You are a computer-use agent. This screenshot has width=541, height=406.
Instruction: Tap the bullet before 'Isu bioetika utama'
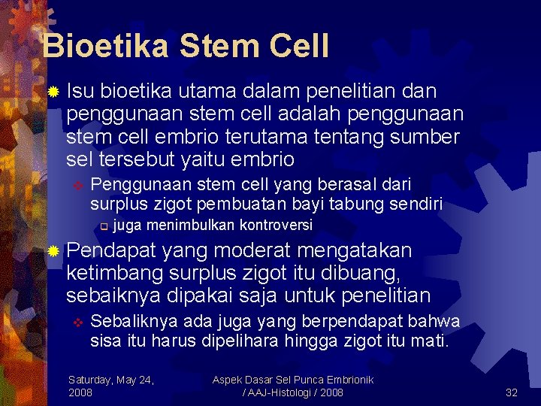52,92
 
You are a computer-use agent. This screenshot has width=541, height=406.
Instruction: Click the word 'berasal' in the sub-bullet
352,184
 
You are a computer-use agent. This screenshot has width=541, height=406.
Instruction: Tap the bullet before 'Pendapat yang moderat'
52,250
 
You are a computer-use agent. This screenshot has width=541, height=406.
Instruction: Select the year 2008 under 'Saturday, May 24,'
81,392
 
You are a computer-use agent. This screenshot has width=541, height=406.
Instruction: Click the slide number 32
511,392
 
